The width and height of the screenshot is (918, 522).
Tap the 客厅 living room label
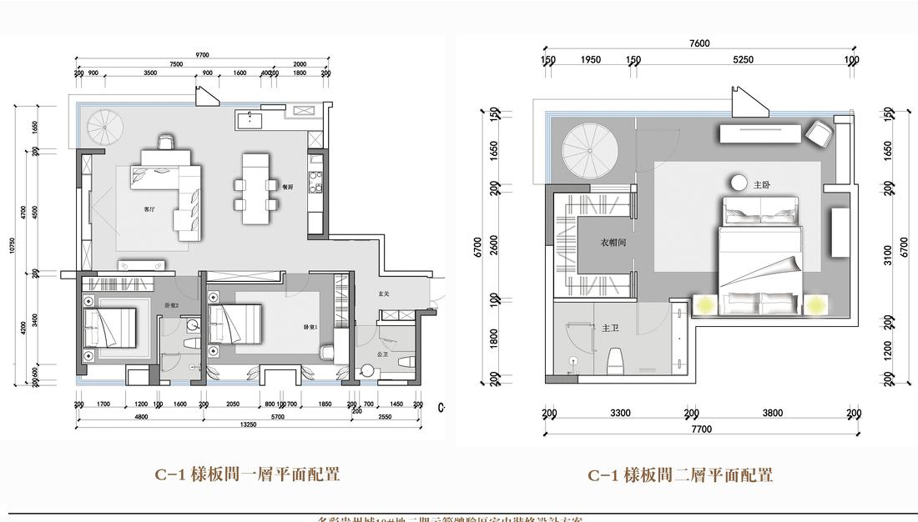[x=149, y=209]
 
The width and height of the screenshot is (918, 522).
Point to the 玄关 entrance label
[x=384, y=294]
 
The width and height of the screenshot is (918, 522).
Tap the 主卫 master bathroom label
[x=609, y=329]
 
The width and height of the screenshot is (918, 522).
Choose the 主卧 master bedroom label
[x=762, y=184]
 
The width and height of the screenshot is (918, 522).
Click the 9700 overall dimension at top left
[x=203, y=54]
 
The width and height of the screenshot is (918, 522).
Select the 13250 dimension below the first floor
[x=246, y=424]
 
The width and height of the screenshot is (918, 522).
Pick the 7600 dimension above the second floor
[x=699, y=43]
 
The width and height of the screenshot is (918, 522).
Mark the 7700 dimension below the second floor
[x=701, y=429]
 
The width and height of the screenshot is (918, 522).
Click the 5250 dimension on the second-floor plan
[x=743, y=60]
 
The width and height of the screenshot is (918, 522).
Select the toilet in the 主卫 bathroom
[x=616, y=361]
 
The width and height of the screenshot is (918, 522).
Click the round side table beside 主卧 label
[x=739, y=183]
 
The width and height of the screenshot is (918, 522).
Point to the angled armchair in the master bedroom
[x=819, y=132]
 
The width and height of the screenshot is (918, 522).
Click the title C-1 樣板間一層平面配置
[x=247, y=475]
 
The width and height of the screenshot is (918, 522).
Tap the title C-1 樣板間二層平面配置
[x=680, y=475]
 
